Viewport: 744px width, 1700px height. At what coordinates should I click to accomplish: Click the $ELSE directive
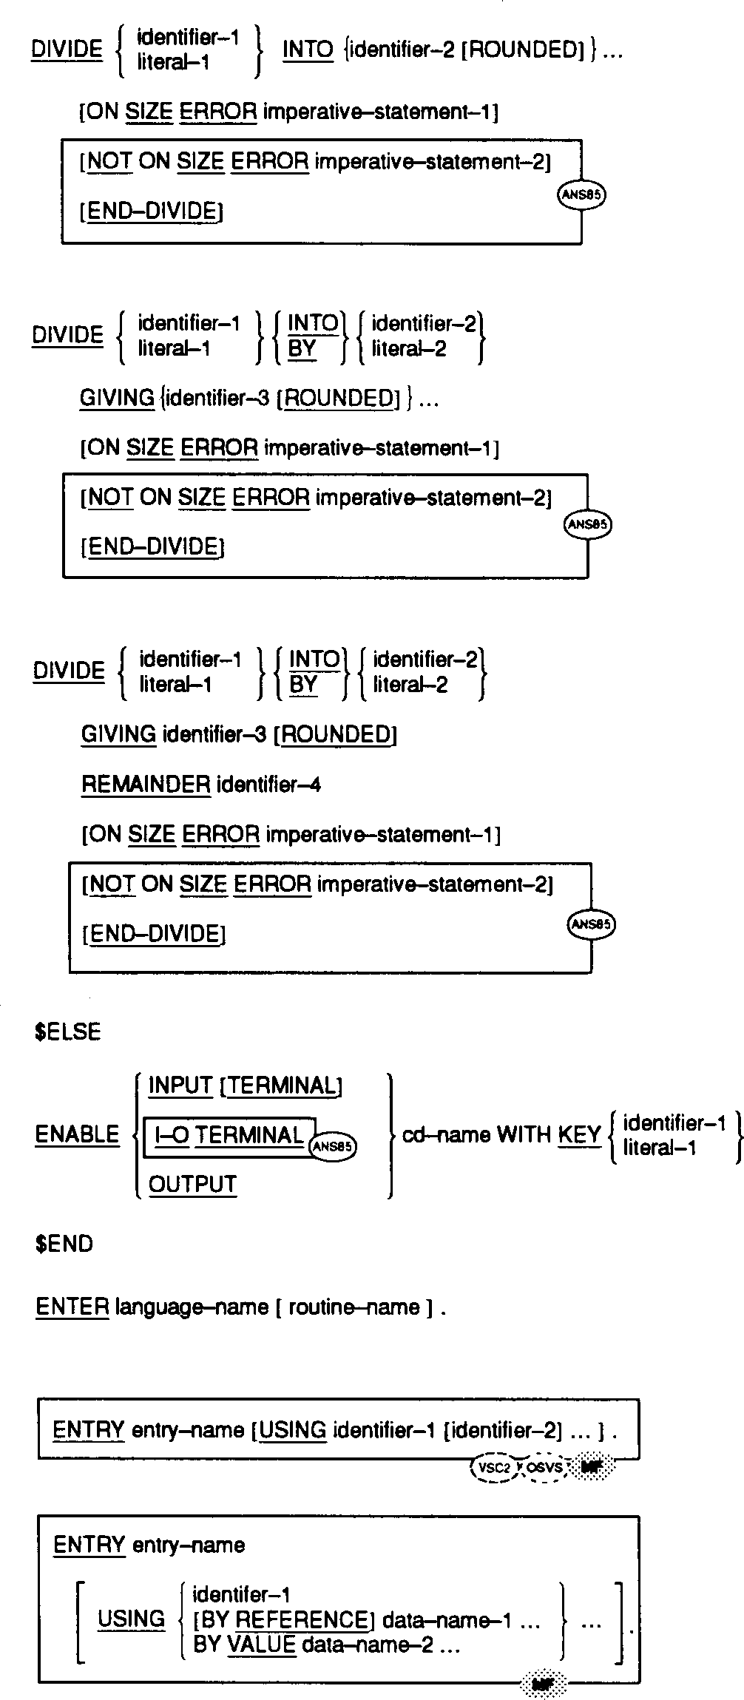click(67, 1032)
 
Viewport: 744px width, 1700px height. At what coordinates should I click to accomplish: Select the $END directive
click(64, 1244)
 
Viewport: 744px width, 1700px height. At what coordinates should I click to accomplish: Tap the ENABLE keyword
click(77, 1134)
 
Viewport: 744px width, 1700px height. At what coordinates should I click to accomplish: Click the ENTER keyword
click(72, 1307)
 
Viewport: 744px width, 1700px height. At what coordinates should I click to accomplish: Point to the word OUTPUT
click(192, 1184)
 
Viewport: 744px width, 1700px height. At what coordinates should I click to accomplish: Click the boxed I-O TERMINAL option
click(229, 1136)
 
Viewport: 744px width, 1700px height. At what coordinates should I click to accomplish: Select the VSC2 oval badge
click(495, 1468)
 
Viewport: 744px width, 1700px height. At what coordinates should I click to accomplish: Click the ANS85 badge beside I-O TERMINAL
click(333, 1147)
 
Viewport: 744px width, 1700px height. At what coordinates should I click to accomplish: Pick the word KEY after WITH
click(578, 1135)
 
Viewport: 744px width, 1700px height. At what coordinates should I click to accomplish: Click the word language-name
click(192, 1307)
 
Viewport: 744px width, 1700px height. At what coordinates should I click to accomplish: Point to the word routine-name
click(354, 1307)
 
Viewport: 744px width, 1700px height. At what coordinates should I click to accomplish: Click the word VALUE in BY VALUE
click(261, 1645)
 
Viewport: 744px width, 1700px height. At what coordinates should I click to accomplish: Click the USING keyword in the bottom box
click(131, 1619)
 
